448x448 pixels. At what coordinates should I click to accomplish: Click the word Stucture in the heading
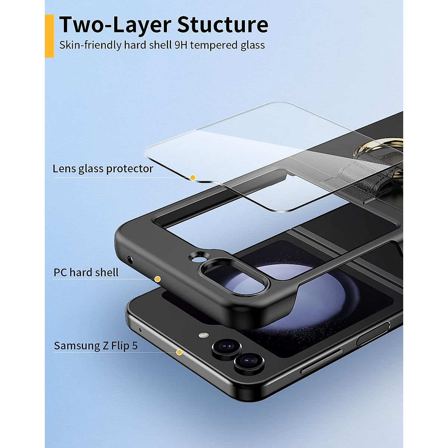[x=223, y=25]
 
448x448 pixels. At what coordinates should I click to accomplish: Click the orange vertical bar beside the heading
[x=49, y=36]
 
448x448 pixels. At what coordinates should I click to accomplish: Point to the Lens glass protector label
[x=103, y=169]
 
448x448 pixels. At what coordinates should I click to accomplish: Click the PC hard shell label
[x=86, y=273]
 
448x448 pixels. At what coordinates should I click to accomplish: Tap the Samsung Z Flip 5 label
[x=96, y=346]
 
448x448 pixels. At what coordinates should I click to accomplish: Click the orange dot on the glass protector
[x=193, y=178]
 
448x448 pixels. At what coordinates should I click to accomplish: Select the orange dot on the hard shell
[x=158, y=279]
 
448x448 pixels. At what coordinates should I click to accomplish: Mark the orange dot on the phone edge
[x=179, y=352]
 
